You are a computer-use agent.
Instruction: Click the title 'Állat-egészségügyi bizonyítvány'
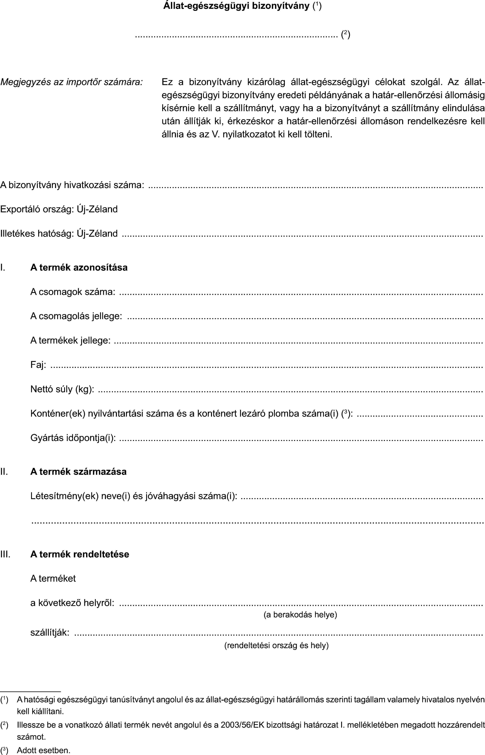(236, 6)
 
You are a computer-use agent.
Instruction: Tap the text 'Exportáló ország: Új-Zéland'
(59, 209)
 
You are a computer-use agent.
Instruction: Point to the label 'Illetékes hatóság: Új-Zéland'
(59, 234)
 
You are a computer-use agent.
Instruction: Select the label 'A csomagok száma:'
(72, 292)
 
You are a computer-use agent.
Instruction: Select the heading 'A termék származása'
(78, 471)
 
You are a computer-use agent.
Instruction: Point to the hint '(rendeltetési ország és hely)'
(276, 645)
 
